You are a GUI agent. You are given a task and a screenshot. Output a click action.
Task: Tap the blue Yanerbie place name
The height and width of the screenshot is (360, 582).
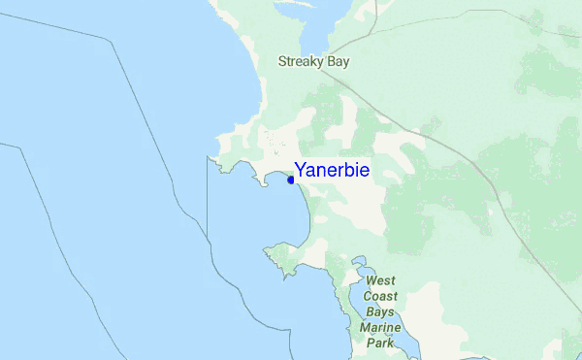tap(332, 171)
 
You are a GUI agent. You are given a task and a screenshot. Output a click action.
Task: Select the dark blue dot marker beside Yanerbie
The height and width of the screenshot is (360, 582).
tap(292, 179)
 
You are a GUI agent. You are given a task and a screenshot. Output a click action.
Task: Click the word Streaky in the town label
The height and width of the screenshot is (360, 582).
tap(300, 61)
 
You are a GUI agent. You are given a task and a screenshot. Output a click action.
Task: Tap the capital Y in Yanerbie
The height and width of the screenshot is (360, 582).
tap(302, 171)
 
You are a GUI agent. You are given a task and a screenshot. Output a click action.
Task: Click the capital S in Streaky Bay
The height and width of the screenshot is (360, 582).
tap(282, 61)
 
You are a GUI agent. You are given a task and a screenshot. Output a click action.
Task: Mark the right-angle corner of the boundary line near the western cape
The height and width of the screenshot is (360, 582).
tap(207, 156)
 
